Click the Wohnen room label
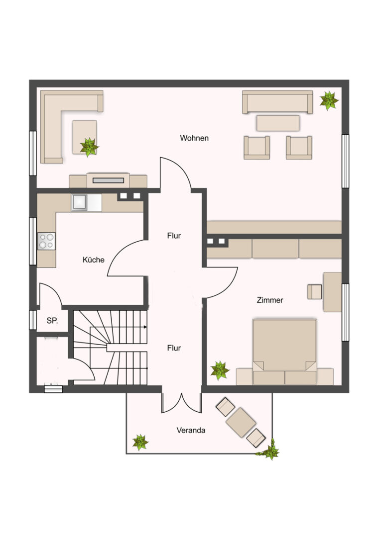click(194, 138)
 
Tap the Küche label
click(93, 260)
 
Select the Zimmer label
click(270, 300)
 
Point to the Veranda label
click(191, 430)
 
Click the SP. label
click(52, 321)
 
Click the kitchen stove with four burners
click(46, 241)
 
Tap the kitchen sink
click(79, 202)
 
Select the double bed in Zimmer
click(284, 351)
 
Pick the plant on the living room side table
click(89, 147)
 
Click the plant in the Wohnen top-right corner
click(329, 100)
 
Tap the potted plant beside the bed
click(220, 370)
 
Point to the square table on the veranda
click(241, 422)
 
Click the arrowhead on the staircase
click(145, 327)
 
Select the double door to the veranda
click(181, 403)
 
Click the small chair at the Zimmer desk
click(314, 292)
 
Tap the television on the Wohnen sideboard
click(108, 180)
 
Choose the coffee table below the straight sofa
click(278, 123)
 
